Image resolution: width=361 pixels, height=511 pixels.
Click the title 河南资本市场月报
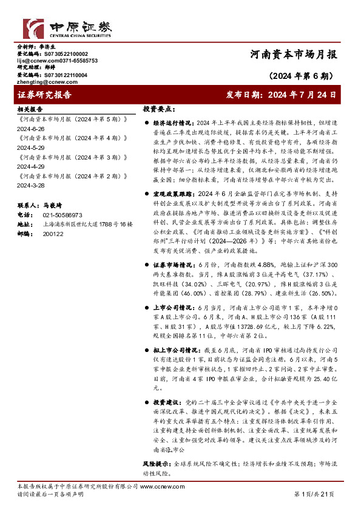coord(292,55)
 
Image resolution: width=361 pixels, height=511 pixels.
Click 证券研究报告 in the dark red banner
coord(45,95)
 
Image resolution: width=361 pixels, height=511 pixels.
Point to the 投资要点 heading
coord(160,109)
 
